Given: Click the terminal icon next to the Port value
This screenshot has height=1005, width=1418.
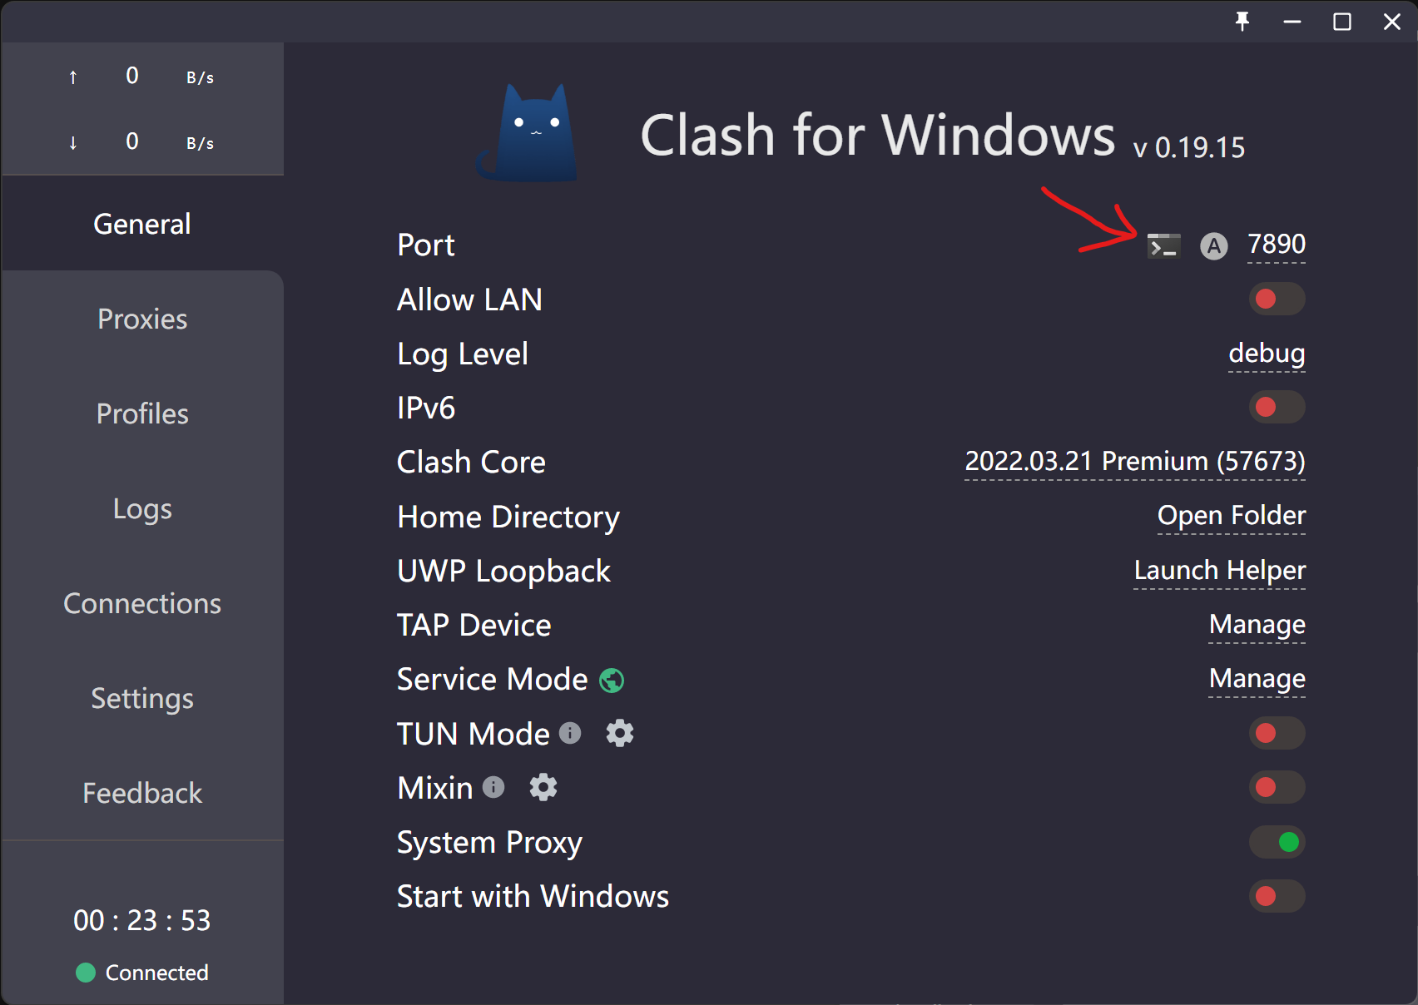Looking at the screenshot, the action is point(1163,245).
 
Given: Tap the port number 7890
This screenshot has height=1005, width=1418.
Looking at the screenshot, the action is point(1277,245).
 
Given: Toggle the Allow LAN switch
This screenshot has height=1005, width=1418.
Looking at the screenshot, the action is point(1277,299).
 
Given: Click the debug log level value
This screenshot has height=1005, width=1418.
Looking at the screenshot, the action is point(1267,354).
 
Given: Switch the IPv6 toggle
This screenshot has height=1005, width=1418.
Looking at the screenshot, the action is point(1277,407).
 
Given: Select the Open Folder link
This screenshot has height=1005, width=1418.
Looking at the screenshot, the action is point(1232,515).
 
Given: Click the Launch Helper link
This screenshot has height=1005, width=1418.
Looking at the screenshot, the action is point(1220,570).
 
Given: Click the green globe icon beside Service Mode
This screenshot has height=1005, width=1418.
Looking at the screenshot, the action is point(612,681).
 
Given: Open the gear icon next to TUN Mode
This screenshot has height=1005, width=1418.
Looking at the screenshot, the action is point(620,734).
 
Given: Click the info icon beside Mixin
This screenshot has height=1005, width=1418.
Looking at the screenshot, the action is point(493,787).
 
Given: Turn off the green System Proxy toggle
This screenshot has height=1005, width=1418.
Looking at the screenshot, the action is point(1277,842).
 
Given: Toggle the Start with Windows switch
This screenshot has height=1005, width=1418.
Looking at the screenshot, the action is point(1277,896).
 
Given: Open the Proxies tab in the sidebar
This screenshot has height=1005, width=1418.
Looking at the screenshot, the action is point(142,319).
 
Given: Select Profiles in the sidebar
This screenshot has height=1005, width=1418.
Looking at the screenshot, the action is point(142,414).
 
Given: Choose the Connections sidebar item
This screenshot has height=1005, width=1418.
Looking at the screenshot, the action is point(142,604).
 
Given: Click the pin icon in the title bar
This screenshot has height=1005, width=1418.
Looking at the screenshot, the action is point(1242,22).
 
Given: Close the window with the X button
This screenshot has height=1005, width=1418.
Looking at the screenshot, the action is point(1392,22).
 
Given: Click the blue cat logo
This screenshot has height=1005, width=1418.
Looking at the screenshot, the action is point(528,134).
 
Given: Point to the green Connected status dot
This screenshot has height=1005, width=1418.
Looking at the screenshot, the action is point(86,973).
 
